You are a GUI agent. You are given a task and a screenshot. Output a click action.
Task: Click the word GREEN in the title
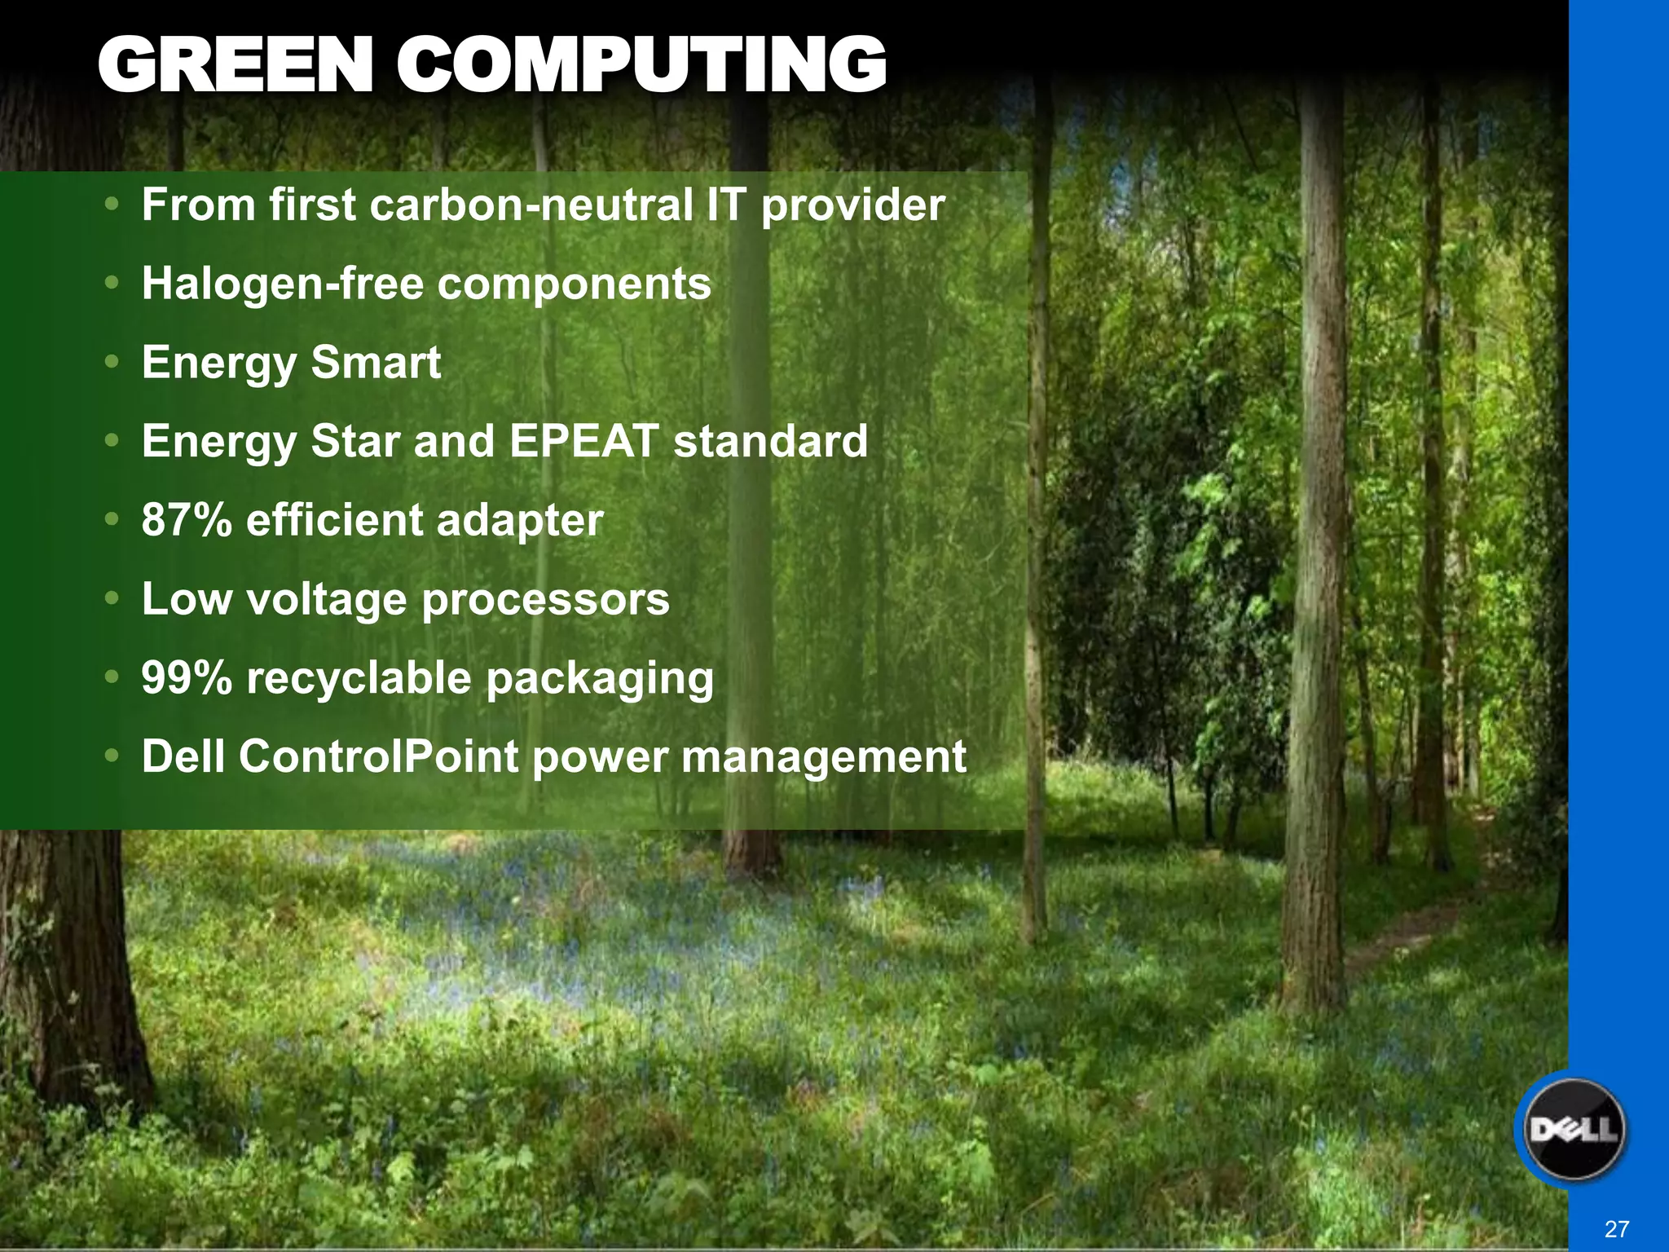coord(236,65)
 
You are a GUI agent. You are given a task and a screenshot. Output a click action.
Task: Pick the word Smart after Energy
coord(376,362)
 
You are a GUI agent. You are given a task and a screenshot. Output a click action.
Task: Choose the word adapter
coord(520,520)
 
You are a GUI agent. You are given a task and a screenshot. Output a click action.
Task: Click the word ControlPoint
coord(378,756)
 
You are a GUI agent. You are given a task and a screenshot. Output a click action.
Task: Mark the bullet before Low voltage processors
coord(112,599)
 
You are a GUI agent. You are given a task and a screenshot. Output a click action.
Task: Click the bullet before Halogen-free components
coord(112,284)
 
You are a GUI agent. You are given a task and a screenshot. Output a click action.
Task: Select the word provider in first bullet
coord(852,205)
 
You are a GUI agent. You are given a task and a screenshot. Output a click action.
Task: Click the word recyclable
coord(359,678)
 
